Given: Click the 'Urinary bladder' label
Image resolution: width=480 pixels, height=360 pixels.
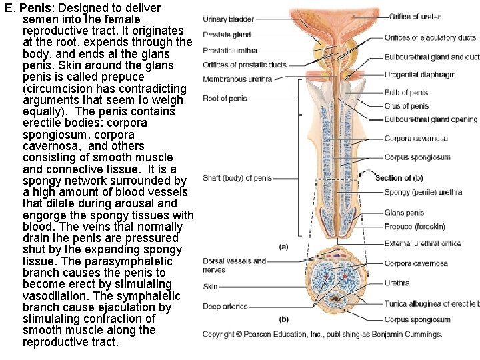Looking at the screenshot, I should [x=228, y=19].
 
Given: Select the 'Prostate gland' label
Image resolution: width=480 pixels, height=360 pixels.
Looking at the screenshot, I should [x=227, y=35].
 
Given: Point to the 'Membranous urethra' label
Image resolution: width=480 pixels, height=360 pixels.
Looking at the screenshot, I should [x=237, y=79].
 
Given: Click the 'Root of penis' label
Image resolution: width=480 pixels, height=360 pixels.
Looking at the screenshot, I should [x=225, y=99].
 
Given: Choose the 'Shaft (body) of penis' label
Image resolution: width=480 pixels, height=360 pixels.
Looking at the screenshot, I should [x=237, y=178].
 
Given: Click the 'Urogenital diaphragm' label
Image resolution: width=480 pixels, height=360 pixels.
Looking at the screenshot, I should [x=420, y=75].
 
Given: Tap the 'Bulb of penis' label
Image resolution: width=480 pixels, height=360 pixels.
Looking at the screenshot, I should [x=406, y=93].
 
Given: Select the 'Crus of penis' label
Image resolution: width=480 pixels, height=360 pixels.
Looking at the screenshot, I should [x=406, y=106].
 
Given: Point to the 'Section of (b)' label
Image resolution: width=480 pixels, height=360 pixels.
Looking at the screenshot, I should [x=399, y=178].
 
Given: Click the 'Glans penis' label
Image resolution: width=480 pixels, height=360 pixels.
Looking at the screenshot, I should [x=404, y=213].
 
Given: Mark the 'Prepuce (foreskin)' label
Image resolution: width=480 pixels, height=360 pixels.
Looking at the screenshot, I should [x=415, y=227].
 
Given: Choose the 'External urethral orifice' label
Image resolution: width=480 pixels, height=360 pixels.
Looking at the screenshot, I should [x=423, y=243].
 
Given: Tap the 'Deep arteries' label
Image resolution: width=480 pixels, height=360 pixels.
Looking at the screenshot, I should [x=225, y=307].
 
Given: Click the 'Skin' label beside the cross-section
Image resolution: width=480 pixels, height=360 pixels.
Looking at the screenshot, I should [x=210, y=287].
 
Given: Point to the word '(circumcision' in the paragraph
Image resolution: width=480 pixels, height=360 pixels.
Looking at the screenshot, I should [x=61, y=88].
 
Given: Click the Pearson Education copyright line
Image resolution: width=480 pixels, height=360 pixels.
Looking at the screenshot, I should [x=322, y=334].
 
